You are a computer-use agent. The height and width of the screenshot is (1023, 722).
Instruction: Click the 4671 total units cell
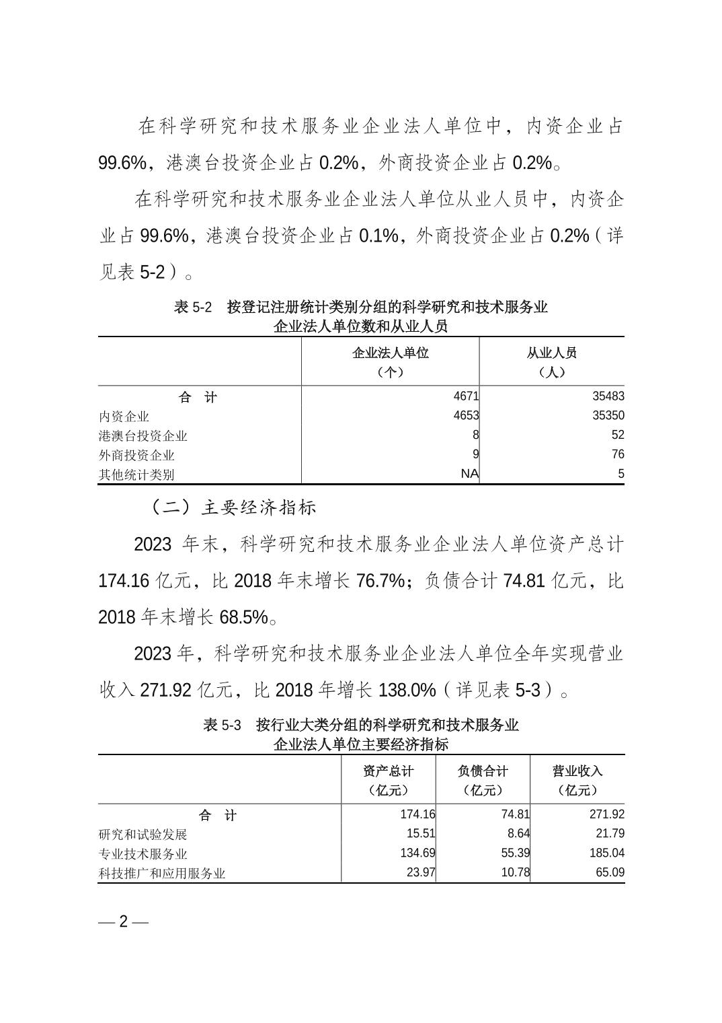(466, 397)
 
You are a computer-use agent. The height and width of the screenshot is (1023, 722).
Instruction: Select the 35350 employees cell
(608, 416)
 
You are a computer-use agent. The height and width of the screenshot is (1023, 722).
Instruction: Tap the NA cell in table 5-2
(469, 474)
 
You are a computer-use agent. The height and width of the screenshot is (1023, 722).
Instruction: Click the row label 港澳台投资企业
(143, 435)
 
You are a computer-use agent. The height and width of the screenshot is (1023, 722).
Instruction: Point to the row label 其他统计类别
(136, 474)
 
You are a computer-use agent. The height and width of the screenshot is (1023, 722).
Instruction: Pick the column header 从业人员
(551, 353)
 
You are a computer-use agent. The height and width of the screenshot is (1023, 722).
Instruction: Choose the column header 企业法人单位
(390, 353)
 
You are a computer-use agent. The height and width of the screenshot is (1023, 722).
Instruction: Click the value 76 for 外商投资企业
(617, 454)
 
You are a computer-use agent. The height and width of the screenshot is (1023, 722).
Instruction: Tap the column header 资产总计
(388, 771)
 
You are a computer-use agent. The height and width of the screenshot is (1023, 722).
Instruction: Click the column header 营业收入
(577, 771)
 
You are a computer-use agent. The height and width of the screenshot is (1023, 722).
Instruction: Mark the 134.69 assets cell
(417, 853)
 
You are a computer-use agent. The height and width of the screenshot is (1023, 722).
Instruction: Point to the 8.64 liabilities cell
(518, 834)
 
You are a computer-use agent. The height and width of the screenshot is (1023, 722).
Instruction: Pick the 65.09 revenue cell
(610, 873)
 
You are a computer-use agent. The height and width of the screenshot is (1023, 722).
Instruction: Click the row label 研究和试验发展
(143, 835)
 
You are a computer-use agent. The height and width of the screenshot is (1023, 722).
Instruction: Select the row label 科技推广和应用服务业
(162, 874)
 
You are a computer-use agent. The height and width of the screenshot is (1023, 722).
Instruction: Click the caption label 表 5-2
(192, 308)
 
